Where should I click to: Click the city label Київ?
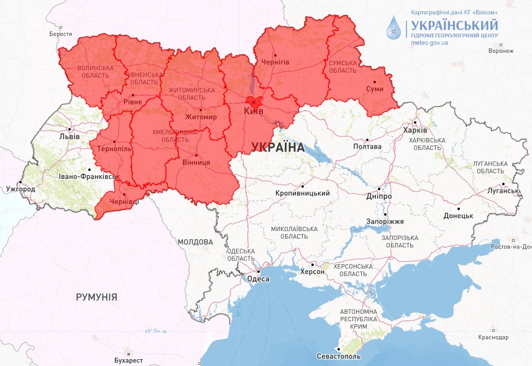[254, 111]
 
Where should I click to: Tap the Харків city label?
[415, 130]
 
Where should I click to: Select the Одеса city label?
[259, 279]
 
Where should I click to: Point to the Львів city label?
[68, 137]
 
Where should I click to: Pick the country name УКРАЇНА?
[278, 147]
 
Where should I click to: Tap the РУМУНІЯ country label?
[96, 297]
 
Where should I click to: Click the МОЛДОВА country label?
[195, 242]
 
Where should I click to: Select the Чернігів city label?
[275, 63]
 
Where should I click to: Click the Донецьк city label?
[458, 216]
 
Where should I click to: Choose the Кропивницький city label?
[303, 193]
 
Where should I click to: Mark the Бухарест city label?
[129, 360]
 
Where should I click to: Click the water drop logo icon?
[394, 28]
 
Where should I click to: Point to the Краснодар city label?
[493, 337]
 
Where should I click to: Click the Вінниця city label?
[196, 163]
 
